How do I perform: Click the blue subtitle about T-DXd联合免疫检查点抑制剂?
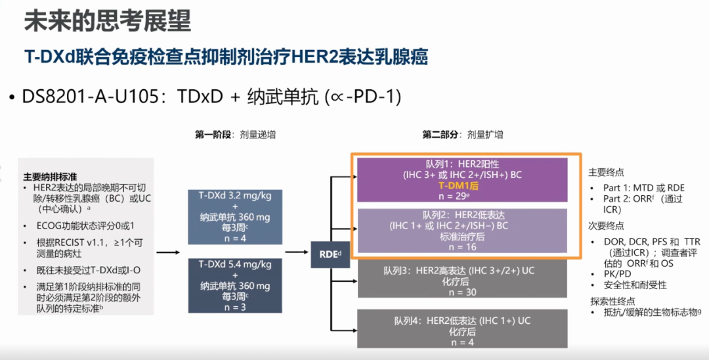pyautogui.click(x=226, y=57)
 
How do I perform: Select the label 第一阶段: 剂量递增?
pyautogui.click(x=234, y=134)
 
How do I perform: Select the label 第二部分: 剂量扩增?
pyautogui.click(x=462, y=134)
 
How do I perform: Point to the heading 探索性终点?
pyautogui.click(x=613, y=300)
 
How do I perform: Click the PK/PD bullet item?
pyautogui.click(x=616, y=273)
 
